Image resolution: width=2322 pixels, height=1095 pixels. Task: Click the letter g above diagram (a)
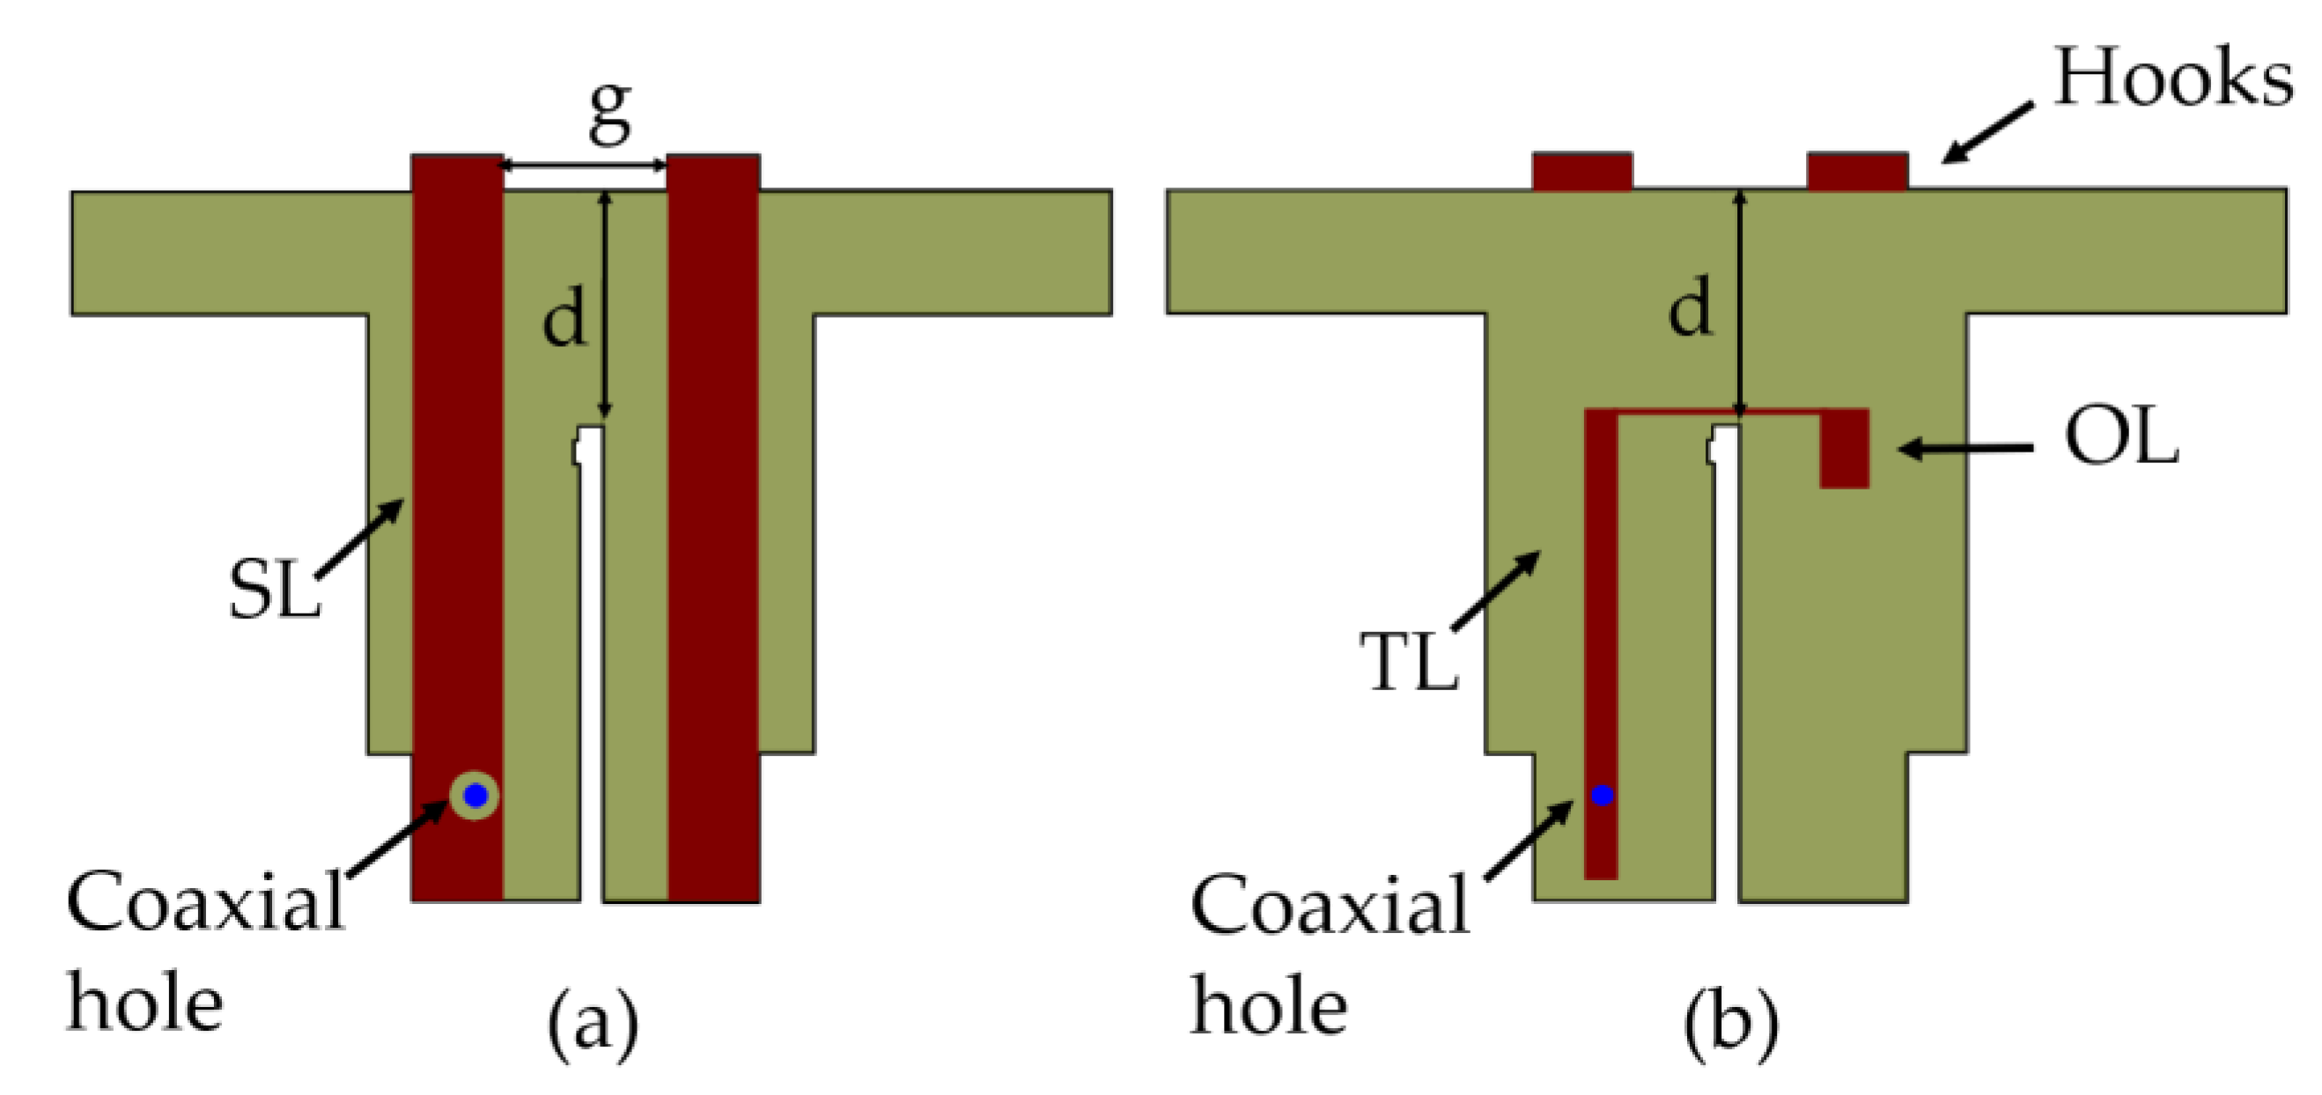(609, 113)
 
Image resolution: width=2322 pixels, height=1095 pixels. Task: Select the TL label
(1409, 663)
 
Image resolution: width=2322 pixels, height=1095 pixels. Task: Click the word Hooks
(2172, 78)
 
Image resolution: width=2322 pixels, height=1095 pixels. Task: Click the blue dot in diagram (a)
(475, 796)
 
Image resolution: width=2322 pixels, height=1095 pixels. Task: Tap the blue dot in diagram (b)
(1602, 795)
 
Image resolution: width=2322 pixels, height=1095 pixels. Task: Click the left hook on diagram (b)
(1582, 172)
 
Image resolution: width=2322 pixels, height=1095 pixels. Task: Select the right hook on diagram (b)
(1857, 172)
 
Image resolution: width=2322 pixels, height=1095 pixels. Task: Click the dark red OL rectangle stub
(1844, 449)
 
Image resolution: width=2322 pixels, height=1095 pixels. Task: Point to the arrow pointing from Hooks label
(1987, 134)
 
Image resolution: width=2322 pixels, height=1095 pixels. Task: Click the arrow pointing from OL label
(1965, 448)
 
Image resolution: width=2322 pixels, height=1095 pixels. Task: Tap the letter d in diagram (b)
(1690, 307)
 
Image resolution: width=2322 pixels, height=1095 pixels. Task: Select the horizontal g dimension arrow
(584, 165)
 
